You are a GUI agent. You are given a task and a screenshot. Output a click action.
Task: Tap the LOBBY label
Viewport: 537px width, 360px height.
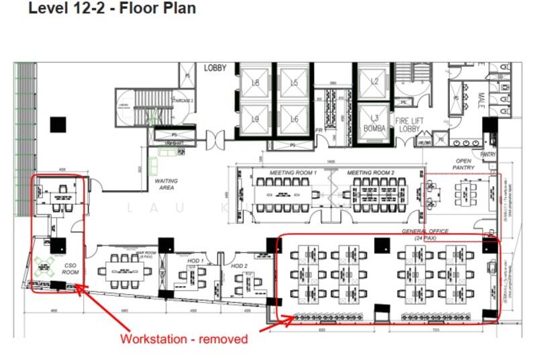point(215,68)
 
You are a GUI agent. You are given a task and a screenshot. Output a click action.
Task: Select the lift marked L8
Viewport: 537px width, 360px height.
point(255,83)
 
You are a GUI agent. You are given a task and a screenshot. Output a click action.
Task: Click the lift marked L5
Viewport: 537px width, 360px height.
point(294,83)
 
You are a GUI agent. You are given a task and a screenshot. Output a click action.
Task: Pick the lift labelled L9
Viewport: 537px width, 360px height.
point(255,119)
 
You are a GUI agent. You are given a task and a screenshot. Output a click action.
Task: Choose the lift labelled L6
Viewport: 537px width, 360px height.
point(294,119)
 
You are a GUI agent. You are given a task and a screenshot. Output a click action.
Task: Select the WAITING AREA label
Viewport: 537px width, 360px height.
point(166,185)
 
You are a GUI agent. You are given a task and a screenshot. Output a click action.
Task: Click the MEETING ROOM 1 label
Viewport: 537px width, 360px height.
point(293,173)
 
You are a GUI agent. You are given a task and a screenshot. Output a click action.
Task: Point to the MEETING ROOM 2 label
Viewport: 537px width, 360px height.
point(371,173)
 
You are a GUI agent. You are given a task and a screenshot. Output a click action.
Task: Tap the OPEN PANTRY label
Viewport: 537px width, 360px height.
point(463,164)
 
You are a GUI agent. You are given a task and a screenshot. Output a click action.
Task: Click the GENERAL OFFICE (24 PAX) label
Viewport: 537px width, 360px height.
point(425,234)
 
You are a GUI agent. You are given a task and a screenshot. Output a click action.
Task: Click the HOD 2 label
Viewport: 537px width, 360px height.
point(240,266)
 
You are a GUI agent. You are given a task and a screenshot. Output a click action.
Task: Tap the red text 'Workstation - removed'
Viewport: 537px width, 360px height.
point(184,339)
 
